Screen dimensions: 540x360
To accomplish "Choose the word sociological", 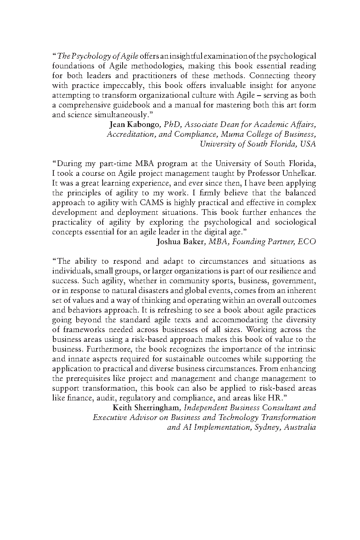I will point(291,222).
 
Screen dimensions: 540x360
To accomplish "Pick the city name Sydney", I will point(266,427).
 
